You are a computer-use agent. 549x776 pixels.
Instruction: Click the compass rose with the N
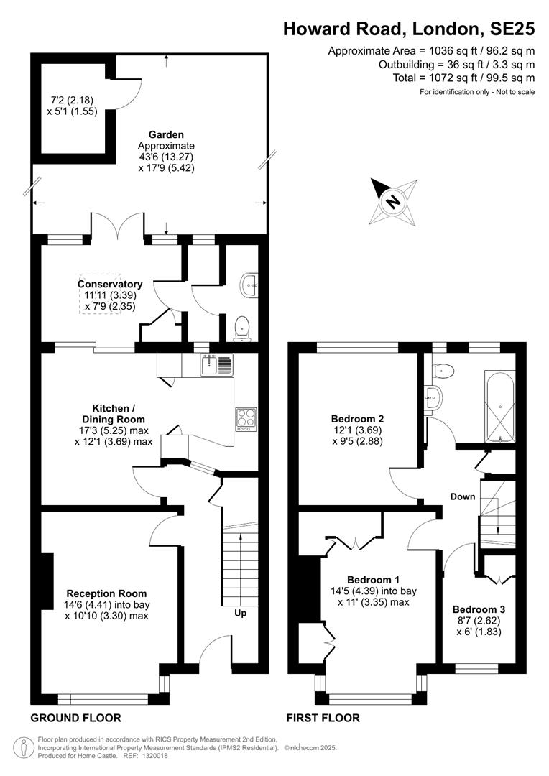coord(394,201)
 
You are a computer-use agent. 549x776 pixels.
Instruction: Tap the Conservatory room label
coord(110,284)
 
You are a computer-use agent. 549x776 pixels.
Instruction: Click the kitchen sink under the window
coord(217,365)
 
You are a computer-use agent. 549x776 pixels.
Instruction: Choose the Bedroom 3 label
coord(479,609)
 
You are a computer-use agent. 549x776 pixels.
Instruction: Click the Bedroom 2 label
coord(357,419)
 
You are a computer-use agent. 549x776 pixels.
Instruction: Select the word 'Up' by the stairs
coord(240,613)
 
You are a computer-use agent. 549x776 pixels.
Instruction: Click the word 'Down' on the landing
coord(462,496)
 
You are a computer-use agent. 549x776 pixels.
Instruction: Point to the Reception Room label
coord(106,593)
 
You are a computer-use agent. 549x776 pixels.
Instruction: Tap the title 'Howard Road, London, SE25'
coord(409,29)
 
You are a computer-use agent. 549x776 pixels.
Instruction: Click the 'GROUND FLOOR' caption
coord(75,718)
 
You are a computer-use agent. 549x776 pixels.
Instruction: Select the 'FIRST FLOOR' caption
coord(323,718)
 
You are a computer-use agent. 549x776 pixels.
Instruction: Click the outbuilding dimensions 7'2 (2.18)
coord(72,101)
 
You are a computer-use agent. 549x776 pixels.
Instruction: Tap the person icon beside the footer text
coord(23,747)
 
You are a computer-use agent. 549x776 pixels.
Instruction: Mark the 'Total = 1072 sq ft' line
coord(464,78)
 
